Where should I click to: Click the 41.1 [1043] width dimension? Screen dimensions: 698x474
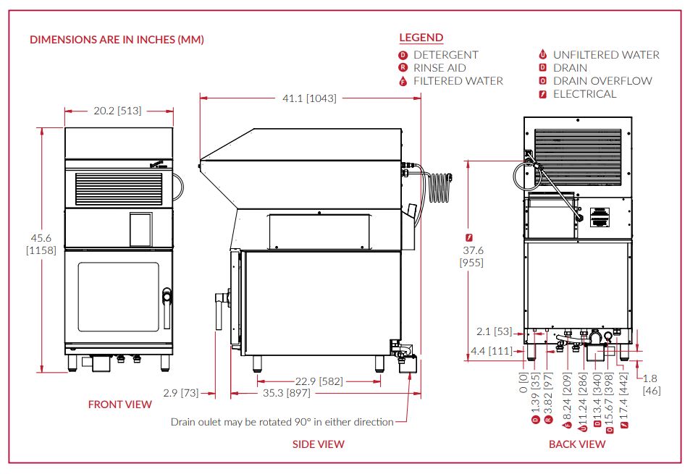pos(309,98)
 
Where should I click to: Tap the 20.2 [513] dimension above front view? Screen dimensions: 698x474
pos(117,111)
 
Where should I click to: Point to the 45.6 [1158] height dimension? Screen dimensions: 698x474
pos(41,244)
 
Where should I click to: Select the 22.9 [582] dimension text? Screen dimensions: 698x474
pos(319,381)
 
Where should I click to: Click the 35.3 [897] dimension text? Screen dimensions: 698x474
pos(286,393)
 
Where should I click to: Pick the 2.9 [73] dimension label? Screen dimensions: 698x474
pos(181,393)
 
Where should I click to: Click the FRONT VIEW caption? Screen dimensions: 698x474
pos(119,405)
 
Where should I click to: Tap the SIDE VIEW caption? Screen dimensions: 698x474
pos(319,444)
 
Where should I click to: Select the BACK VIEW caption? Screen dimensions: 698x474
pos(577,444)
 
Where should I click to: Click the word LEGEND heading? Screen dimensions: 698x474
pos(421,38)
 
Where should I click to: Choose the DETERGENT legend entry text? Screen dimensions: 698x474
pos(445,55)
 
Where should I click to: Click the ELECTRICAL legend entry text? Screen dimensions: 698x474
pos(584,94)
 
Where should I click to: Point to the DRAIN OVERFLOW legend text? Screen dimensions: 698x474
pos(602,81)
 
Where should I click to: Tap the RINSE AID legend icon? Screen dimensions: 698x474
pos(403,67)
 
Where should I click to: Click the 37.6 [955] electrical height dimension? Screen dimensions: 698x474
pos(472,256)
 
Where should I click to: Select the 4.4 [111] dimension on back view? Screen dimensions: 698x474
pos(492,351)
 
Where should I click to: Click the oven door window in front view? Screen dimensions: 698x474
pos(119,297)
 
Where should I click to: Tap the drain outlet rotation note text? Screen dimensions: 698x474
pos(282,422)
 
